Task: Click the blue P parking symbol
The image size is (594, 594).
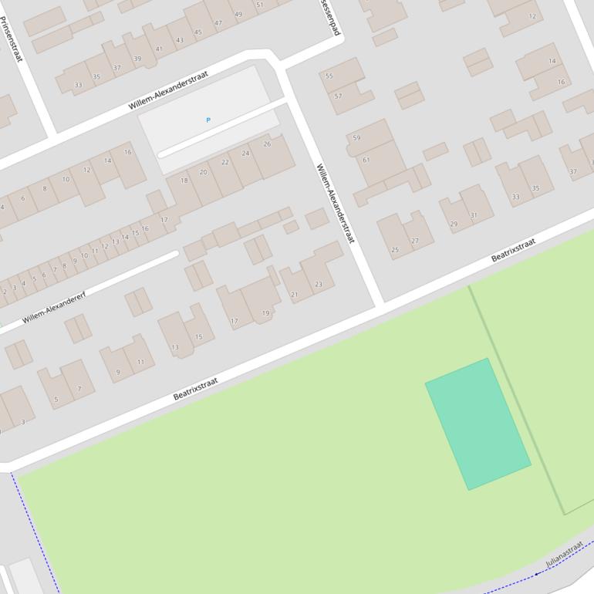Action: click(x=208, y=120)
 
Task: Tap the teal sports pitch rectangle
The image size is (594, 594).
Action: click(x=478, y=424)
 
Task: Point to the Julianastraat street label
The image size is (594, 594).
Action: click(x=564, y=554)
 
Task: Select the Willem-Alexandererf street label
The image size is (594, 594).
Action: click(x=54, y=308)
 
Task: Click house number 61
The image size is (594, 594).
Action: click(x=366, y=160)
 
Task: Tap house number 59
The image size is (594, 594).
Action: click(x=356, y=138)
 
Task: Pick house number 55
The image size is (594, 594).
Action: click(x=329, y=76)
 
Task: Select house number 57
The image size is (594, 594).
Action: click(x=338, y=96)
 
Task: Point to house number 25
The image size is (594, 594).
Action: click(x=396, y=249)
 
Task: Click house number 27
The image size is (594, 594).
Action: click(x=415, y=241)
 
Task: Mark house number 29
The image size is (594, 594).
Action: click(x=454, y=224)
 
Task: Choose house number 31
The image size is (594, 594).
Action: click(x=474, y=214)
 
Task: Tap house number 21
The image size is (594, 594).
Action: click(x=294, y=294)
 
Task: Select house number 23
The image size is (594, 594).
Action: click(x=319, y=284)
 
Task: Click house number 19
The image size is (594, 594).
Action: click(x=266, y=312)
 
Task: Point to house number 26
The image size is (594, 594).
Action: click(x=267, y=143)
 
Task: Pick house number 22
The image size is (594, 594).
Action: click(x=225, y=162)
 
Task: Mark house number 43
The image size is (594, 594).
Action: click(x=180, y=40)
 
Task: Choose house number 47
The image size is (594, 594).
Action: click(x=218, y=23)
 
